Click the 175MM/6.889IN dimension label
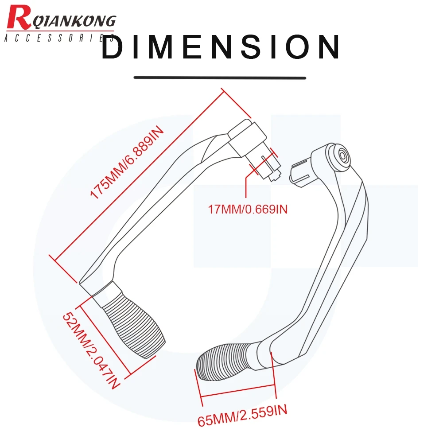[127, 163]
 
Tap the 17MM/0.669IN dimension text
[248, 210]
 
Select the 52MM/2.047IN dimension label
[91, 350]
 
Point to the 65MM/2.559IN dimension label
[242, 416]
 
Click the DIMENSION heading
[221, 47]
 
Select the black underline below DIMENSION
[220, 78]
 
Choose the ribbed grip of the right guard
[225, 361]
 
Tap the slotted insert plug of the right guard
[300, 173]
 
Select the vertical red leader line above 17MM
[246, 187]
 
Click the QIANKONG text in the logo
[74, 21]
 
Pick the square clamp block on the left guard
[248, 139]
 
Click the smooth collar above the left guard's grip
[106, 294]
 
